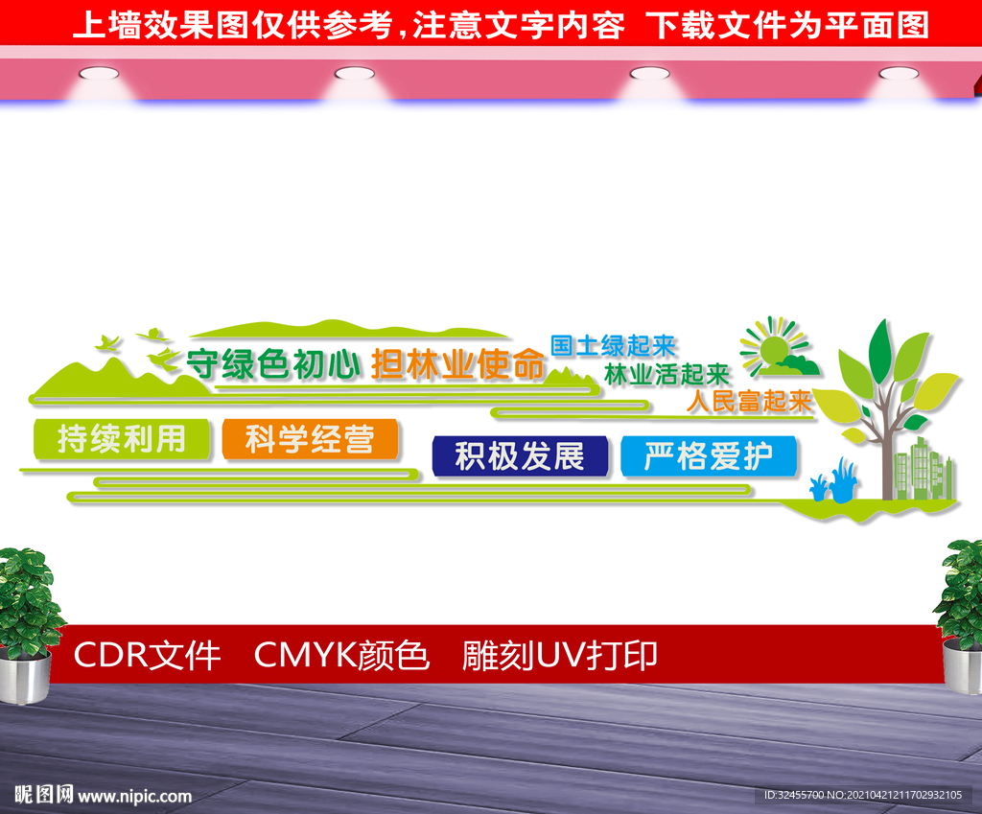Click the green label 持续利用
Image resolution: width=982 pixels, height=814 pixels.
[122, 439]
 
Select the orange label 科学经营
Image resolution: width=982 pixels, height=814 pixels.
[310, 439]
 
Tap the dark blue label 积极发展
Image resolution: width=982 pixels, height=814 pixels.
[520, 455]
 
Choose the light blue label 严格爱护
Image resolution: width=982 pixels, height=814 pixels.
[709, 455]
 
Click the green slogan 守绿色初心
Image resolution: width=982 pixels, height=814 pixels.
[273, 364]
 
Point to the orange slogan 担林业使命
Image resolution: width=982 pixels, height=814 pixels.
[457, 364]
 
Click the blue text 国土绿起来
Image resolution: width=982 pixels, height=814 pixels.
[614, 345]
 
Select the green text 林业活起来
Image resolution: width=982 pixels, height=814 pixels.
[667, 375]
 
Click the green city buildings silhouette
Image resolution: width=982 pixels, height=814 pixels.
[924, 470]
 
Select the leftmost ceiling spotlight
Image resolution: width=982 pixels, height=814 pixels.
[99, 74]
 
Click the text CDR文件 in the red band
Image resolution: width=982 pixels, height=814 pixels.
[147, 656]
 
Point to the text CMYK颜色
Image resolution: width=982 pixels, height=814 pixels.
[341, 656]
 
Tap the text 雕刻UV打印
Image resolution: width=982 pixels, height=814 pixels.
[560, 656]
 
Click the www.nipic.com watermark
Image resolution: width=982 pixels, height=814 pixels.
[134, 796]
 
